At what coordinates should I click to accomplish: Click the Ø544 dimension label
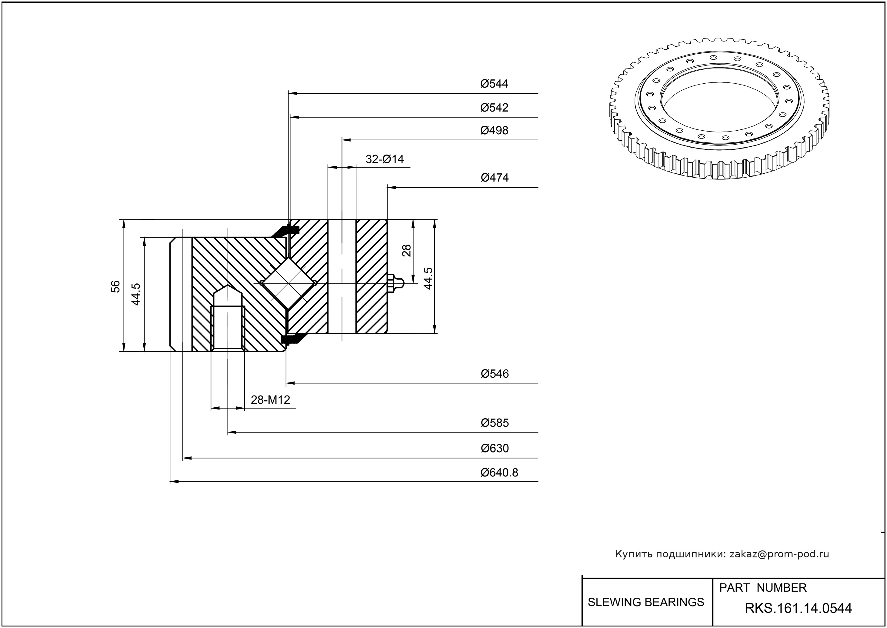[494, 84]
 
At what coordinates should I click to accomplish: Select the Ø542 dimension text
[494, 108]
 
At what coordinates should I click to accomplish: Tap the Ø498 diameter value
[494, 130]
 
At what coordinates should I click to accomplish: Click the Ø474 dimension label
[495, 178]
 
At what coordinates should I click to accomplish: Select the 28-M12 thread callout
[270, 399]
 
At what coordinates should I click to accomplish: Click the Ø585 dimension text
[495, 423]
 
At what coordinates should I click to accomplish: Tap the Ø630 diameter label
[495, 448]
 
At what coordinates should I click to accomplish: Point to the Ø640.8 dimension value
[499, 473]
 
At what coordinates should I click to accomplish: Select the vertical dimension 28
[406, 251]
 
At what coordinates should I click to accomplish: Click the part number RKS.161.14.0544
[798, 608]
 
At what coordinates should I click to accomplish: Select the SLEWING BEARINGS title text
[646, 602]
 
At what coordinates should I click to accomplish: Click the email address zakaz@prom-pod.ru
[779, 554]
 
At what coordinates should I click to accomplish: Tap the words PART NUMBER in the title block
[762, 588]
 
